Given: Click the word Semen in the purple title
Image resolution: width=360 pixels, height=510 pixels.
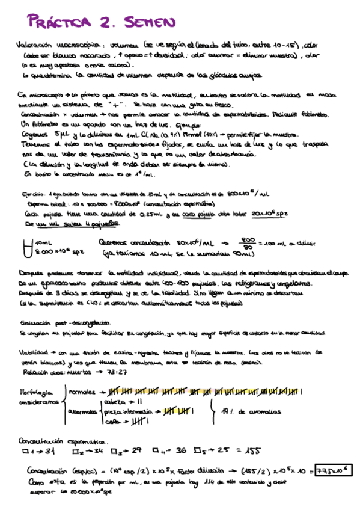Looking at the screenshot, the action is (150, 23).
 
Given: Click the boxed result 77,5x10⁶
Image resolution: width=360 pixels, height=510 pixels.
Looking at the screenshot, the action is (334, 470).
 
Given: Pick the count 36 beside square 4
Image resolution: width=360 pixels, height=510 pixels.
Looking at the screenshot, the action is (180, 451).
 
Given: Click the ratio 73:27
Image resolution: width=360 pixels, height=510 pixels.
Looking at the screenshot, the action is (115, 372).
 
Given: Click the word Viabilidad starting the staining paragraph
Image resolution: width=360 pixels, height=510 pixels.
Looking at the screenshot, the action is (35, 352).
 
